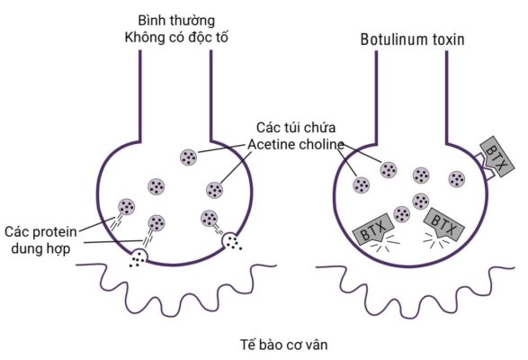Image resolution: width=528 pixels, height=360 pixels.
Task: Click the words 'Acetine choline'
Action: click(x=291, y=146)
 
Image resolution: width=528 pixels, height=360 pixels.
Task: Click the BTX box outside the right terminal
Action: click(x=495, y=156)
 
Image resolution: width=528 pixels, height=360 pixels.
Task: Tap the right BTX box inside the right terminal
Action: click(x=440, y=222)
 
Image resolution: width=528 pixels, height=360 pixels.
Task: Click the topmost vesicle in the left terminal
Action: click(x=189, y=157)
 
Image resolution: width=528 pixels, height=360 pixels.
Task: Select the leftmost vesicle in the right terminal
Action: click(x=362, y=184)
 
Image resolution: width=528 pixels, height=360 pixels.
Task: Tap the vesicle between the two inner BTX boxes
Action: click(x=402, y=217)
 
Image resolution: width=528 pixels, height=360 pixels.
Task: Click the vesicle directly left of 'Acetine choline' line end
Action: click(x=215, y=189)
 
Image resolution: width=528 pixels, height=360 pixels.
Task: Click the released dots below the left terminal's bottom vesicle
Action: click(x=138, y=260)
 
